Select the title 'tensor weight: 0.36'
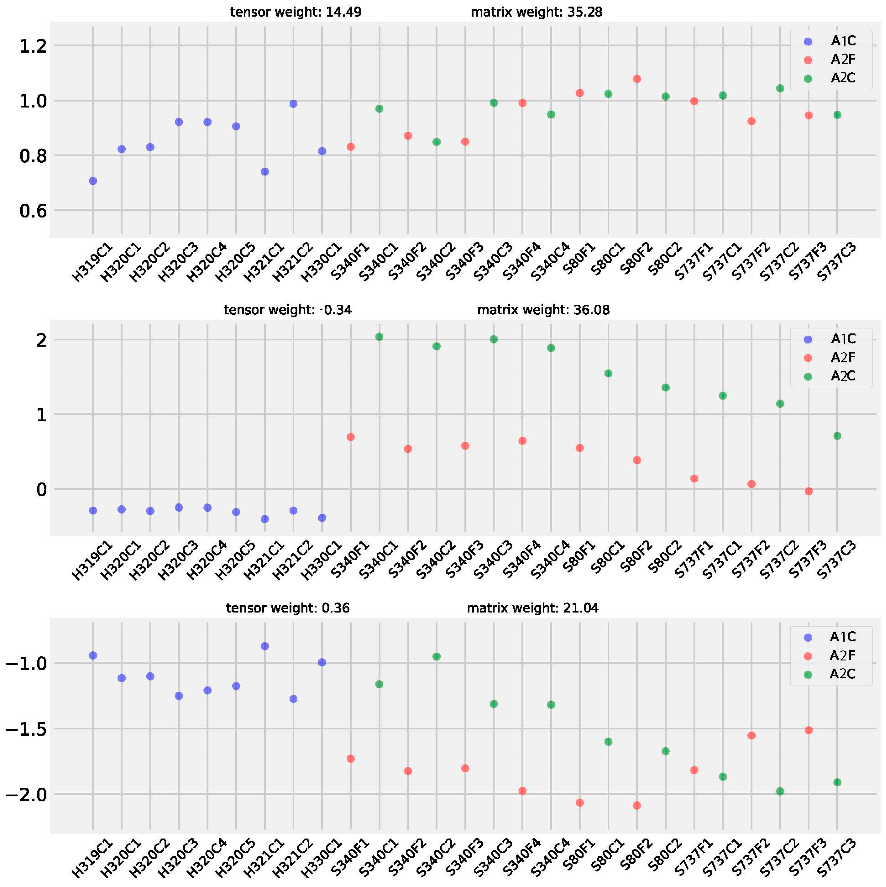(288, 608)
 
